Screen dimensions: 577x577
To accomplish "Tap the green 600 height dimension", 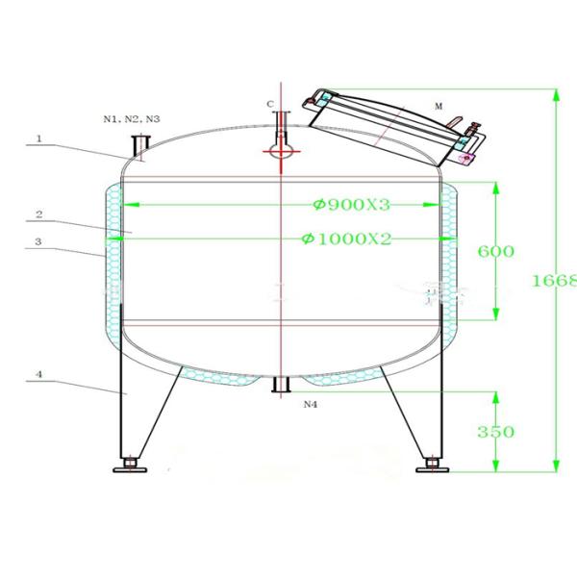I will (496, 251).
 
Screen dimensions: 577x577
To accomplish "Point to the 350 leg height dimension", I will (496, 432).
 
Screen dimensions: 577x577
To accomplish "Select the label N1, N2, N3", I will (132, 118).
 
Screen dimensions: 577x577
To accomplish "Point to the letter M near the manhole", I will (438, 107).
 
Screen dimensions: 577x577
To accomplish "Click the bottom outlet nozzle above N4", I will (282, 386).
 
